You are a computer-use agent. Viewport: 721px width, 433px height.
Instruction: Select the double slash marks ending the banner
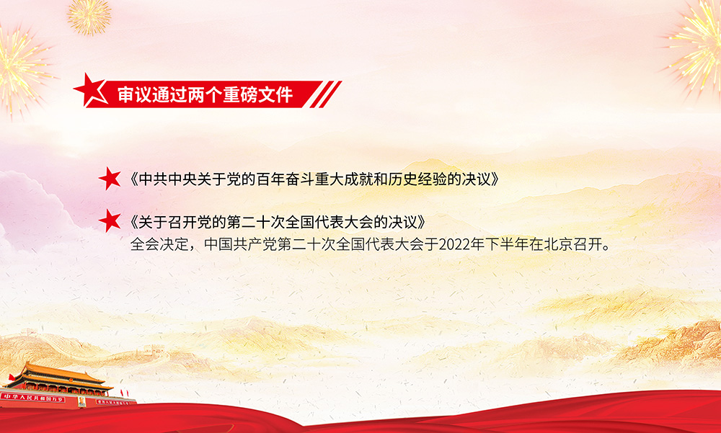point(326,94)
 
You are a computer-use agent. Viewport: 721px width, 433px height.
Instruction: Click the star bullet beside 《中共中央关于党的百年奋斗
point(110,179)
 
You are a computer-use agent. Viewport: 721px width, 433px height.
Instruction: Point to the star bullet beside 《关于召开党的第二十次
point(110,221)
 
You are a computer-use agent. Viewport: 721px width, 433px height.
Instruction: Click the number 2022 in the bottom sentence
point(454,244)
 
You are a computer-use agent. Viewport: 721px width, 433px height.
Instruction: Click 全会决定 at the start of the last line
point(159,244)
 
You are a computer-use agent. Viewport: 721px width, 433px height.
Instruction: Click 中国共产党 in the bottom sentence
point(241,244)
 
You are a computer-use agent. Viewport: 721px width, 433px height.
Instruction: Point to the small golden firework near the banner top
point(89,17)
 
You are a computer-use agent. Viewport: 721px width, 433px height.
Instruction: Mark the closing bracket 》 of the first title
point(495,179)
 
